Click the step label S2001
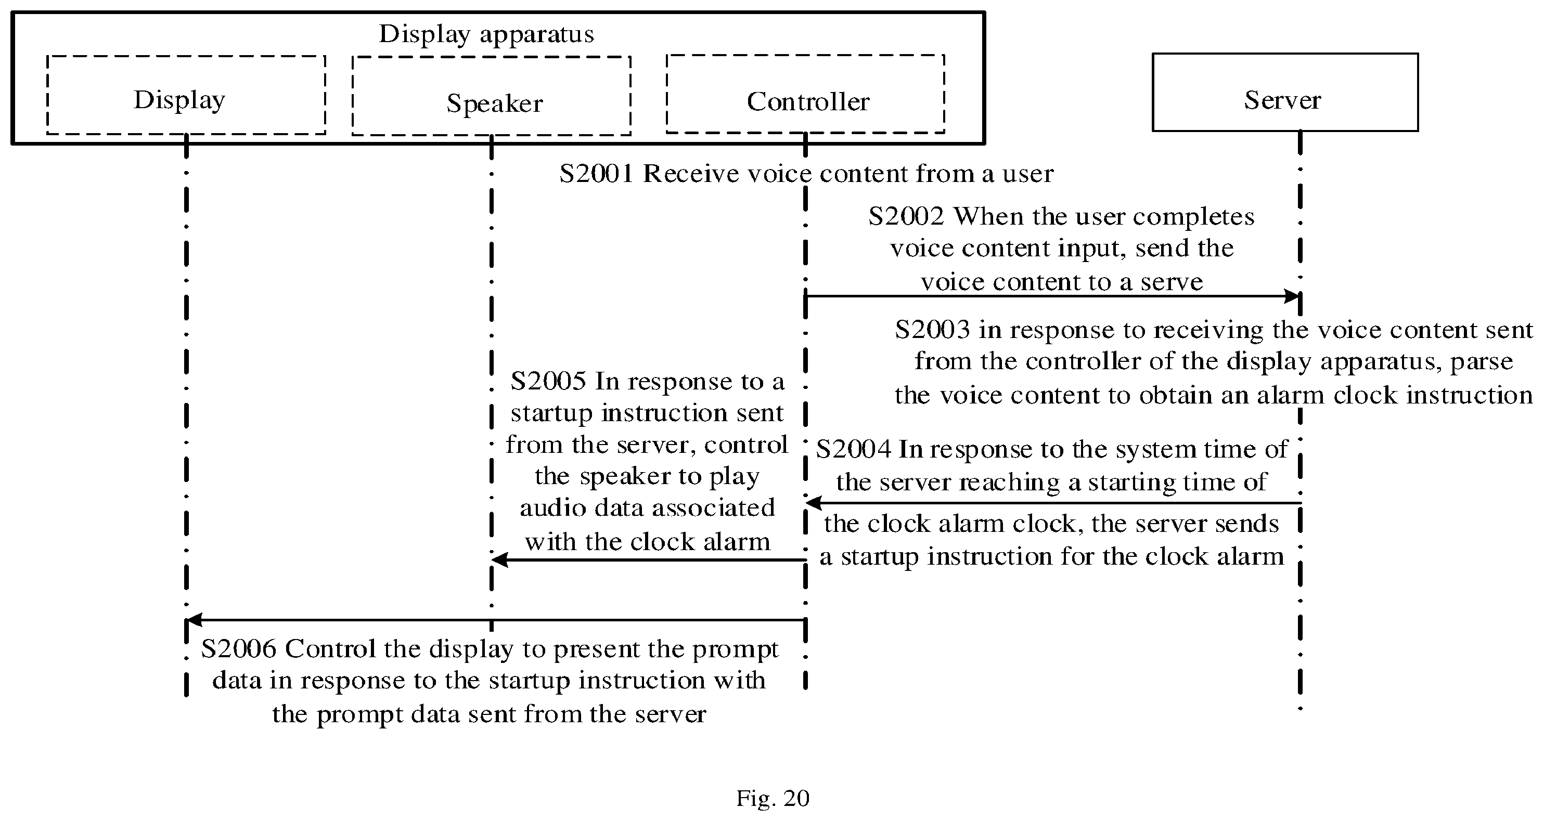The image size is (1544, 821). point(596,174)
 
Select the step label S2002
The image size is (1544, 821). point(906,216)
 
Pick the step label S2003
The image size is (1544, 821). point(932,330)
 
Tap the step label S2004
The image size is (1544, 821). point(853,449)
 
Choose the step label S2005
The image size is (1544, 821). point(548,381)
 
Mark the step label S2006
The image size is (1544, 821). point(239,648)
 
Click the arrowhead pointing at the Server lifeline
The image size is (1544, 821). point(1292,296)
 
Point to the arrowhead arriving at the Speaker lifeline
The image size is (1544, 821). point(500,561)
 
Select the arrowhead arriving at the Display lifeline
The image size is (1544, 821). point(195,620)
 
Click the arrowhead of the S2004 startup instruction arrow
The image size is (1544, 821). point(814,503)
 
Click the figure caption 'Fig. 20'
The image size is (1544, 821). point(773,798)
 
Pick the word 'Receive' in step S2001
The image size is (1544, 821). point(684,174)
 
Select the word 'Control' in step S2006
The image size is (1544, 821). point(330,648)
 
